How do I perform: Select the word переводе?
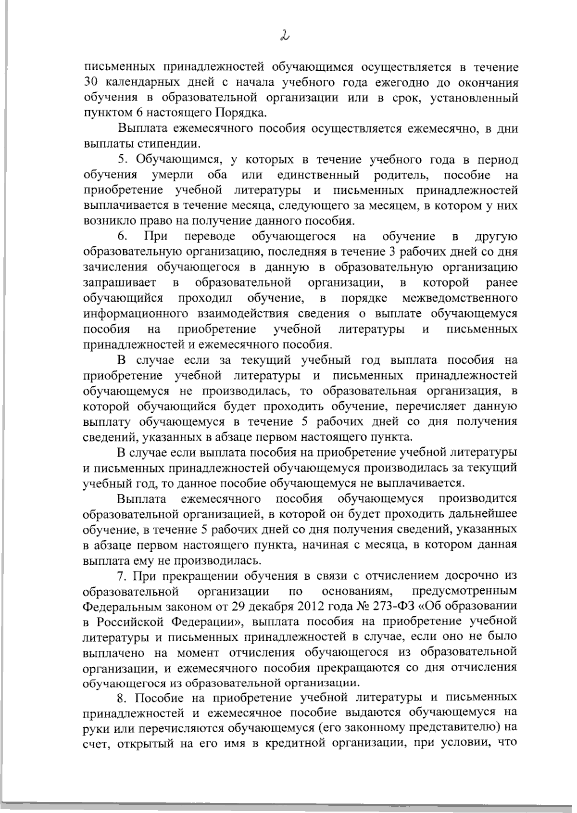[x=210, y=236]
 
